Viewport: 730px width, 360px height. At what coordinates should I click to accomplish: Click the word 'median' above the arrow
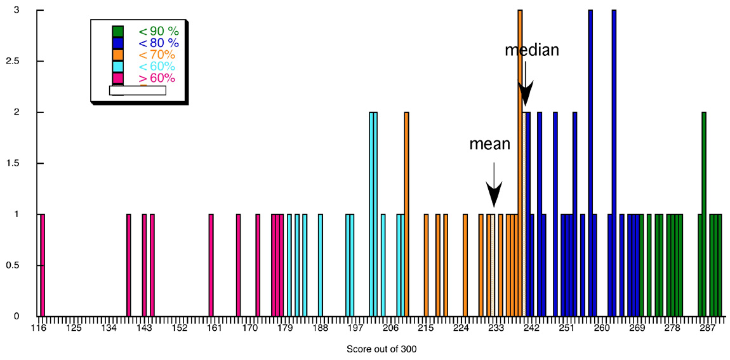click(531, 50)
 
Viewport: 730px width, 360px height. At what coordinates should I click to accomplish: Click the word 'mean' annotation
click(489, 144)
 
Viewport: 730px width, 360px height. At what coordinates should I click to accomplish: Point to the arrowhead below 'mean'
click(494, 194)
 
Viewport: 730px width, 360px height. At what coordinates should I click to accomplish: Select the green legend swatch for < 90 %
click(117, 31)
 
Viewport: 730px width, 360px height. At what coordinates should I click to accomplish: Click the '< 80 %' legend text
click(159, 43)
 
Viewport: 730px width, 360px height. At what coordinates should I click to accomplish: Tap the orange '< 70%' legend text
click(157, 55)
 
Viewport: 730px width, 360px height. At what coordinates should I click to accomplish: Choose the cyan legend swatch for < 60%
click(117, 67)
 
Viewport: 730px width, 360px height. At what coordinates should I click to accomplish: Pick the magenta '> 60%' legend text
click(157, 78)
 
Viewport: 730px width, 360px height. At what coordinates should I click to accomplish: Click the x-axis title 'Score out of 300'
click(382, 349)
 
